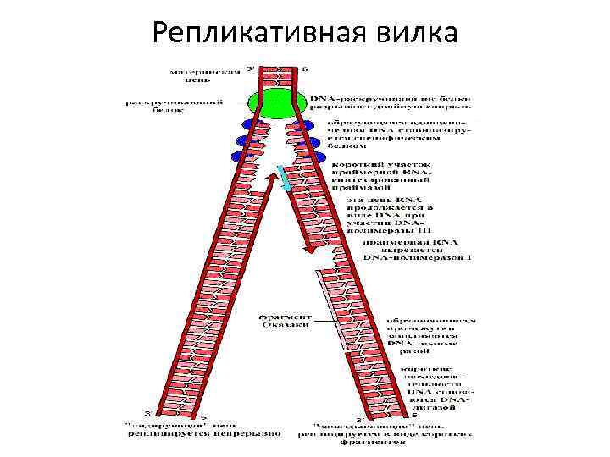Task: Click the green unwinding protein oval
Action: point(275,104)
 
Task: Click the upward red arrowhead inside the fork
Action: point(273,176)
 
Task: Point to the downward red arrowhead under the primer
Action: point(312,249)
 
